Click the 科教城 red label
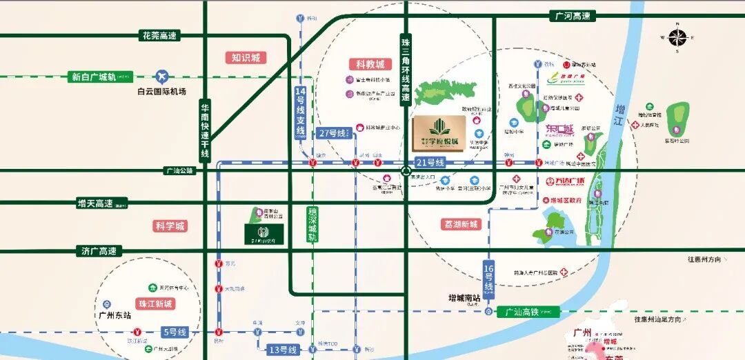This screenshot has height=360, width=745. [x=369, y=63]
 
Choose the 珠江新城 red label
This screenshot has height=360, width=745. [x=155, y=303]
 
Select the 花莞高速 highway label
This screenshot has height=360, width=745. [x=159, y=35]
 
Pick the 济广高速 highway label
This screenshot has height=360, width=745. [x=99, y=251]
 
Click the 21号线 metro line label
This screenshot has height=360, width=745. [x=431, y=163]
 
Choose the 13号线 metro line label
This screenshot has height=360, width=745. [x=284, y=350]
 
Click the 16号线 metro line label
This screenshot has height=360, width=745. [x=489, y=277]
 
